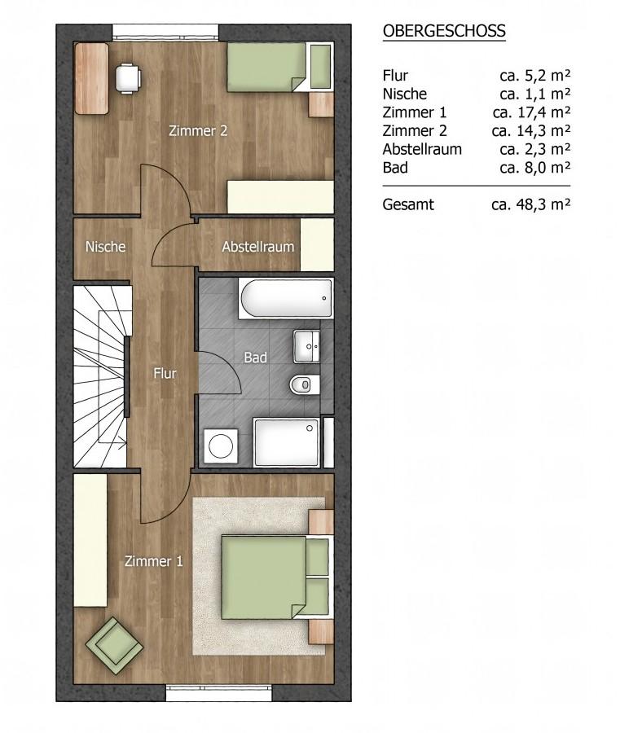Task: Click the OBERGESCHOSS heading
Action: click(x=444, y=31)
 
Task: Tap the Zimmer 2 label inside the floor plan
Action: click(x=198, y=131)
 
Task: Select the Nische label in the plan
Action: click(x=105, y=246)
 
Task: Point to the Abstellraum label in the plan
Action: click(x=257, y=246)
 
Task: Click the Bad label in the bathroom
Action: click(x=255, y=358)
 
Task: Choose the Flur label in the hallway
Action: click(x=165, y=374)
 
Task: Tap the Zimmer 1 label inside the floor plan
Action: click(x=153, y=561)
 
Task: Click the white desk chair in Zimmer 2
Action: click(x=128, y=78)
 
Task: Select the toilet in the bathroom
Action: click(x=305, y=384)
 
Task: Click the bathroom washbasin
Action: click(x=306, y=346)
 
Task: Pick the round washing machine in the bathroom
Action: click(x=221, y=446)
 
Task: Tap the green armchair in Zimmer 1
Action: click(x=114, y=646)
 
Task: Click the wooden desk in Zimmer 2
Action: click(x=91, y=78)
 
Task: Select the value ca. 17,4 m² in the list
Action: click(x=531, y=112)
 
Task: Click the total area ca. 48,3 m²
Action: click(x=531, y=204)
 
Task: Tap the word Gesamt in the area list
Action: click(x=407, y=204)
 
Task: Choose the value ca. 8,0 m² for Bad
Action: click(x=535, y=167)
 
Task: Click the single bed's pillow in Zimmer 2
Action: click(x=320, y=66)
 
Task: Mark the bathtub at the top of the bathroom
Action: click(x=286, y=299)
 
